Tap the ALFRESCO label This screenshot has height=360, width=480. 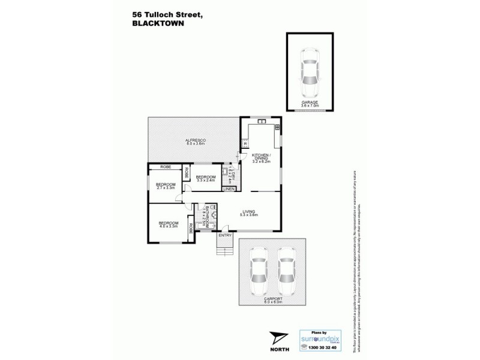coord(196,140)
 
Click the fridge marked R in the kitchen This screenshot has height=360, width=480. coord(246,143)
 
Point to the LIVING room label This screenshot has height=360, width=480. coord(249,212)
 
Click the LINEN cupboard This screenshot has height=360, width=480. coord(229,190)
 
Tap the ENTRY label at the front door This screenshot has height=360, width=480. coord(224,235)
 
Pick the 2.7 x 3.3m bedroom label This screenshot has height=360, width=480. coord(165,186)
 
